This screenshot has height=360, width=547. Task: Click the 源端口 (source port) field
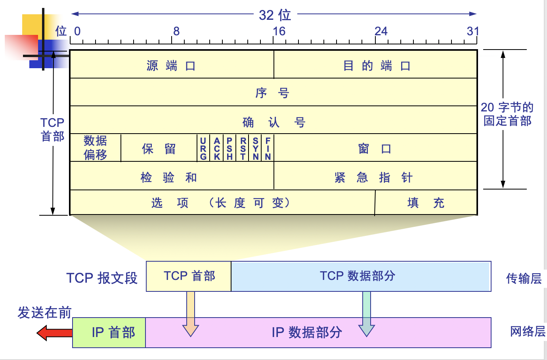171,65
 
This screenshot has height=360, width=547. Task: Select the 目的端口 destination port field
376,65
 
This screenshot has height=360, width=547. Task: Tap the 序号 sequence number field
273,93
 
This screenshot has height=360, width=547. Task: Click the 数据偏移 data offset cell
96,148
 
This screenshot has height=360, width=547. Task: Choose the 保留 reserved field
159,149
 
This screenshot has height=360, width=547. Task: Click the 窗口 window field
375,149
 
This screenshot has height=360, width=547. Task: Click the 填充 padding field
426,203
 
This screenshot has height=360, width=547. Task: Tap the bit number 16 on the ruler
279,31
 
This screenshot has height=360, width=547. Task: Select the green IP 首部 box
109,333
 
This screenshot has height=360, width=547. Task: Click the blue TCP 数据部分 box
361,276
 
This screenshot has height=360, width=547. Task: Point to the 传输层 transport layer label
524,278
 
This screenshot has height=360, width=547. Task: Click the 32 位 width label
275,15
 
